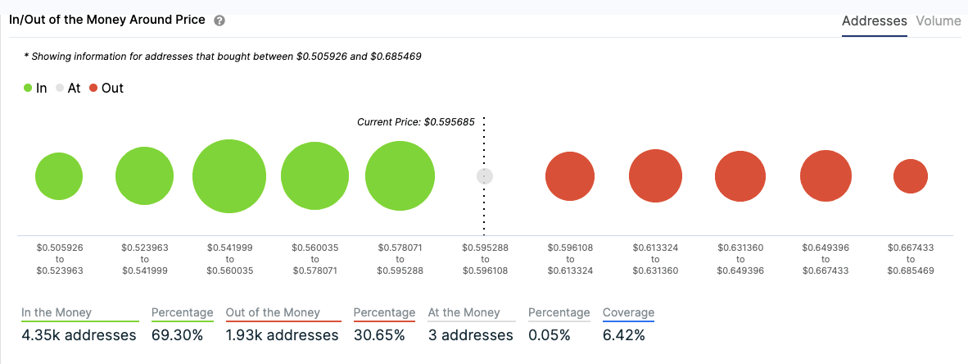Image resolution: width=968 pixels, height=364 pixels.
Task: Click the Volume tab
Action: pos(939,21)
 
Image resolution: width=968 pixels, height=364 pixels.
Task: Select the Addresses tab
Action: pos(874,21)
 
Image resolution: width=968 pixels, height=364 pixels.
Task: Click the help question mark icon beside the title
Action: pos(219,20)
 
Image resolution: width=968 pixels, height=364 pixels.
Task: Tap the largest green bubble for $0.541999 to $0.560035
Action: pos(229,176)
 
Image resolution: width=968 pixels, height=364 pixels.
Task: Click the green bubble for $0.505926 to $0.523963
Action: pos(59,176)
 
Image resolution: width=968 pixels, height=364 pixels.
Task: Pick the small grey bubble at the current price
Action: pos(485,176)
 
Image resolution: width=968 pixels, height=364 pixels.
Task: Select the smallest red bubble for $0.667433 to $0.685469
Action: pos(910,176)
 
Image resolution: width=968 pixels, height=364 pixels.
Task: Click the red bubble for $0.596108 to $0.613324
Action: pos(570,176)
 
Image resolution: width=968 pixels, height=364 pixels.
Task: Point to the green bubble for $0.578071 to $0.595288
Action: pos(400,176)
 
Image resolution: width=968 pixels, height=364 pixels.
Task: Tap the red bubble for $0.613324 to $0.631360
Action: pos(656,176)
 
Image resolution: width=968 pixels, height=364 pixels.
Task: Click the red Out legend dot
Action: pos(94,88)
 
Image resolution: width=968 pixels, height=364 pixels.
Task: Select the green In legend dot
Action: pos(28,88)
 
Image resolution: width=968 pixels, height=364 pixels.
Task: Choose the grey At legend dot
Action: pos(60,88)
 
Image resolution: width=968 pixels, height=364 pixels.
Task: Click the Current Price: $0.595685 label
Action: pos(417,121)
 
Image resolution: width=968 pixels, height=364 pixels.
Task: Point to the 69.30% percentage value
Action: pos(177,335)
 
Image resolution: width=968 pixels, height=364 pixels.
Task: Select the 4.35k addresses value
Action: pos(79,335)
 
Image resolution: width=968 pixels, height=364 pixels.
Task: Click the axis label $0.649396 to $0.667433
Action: pos(825,258)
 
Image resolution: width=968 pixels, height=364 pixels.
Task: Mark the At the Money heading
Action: pos(464,312)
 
